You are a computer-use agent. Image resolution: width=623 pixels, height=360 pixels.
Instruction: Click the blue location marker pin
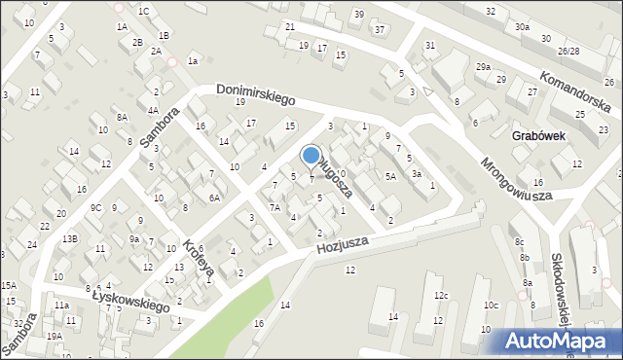311,157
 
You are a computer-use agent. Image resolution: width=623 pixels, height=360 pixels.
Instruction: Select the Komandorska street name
576,84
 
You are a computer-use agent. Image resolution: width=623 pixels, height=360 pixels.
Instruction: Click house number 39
358,14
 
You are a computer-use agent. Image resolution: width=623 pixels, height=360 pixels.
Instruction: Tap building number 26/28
568,51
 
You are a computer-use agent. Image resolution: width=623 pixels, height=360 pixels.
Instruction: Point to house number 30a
523,27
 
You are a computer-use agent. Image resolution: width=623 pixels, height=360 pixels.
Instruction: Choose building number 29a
483,66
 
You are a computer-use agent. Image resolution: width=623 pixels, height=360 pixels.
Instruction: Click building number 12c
440,295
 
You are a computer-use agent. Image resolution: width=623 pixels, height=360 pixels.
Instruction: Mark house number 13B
70,238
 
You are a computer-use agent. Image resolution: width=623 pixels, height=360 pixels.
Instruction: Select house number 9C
95,207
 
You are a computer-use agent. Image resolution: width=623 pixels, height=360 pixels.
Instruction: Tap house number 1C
143,11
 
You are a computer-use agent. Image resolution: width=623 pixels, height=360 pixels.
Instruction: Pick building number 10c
491,306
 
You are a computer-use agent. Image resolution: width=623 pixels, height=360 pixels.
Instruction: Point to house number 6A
214,198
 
